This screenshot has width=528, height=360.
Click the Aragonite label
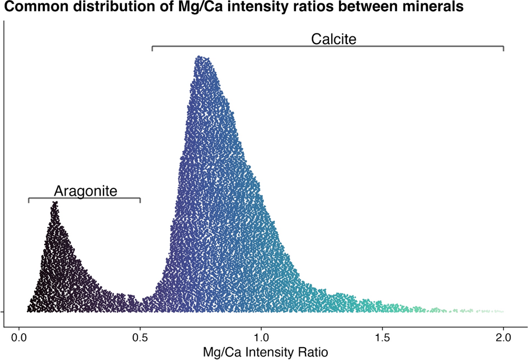[86, 191]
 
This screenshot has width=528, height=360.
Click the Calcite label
[333, 39]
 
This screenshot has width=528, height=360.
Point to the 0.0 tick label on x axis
[19, 338]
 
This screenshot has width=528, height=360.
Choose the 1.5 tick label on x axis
[382, 338]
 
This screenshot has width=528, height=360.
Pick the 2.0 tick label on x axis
[503, 338]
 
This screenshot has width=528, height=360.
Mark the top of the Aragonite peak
[54, 202]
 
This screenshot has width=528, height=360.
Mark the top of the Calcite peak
[200, 57]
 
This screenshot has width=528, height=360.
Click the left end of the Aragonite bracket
[29, 200]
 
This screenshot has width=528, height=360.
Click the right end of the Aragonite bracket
[140, 200]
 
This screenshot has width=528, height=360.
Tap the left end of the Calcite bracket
[152, 48]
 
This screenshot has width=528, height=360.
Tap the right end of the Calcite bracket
[503, 48]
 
